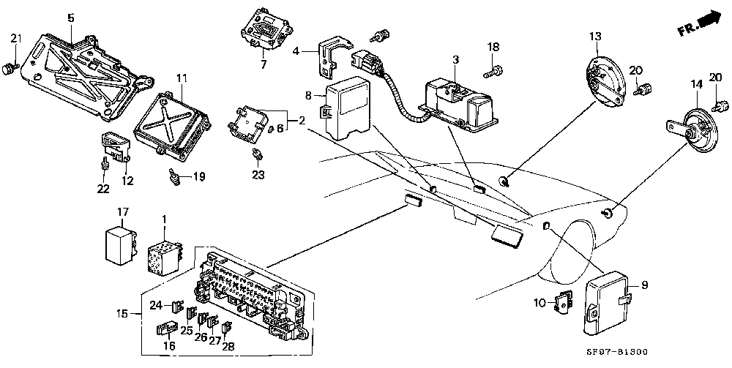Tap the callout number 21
(x=16, y=38)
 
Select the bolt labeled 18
(x=493, y=72)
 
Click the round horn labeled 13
(x=605, y=81)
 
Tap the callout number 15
(x=122, y=313)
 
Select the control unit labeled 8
(x=348, y=108)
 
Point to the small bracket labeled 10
(x=563, y=301)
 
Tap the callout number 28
(x=228, y=346)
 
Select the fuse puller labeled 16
(x=166, y=328)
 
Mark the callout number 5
(x=70, y=19)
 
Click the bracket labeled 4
(x=335, y=57)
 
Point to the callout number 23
(x=258, y=175)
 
